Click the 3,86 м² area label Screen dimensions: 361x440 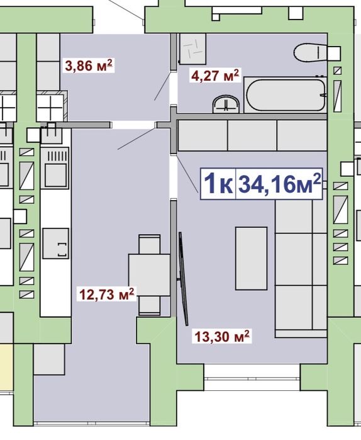(x=88, y=65)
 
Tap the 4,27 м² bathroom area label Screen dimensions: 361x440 (x=214, y=75)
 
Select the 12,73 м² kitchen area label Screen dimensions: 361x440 (x=107, y=294)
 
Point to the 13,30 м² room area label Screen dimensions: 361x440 (x=222, y=336)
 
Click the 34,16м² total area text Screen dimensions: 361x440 (x=279, y=184)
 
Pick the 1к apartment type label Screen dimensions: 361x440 (x=218, y=184)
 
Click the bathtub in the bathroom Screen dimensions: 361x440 (x=286, y=95)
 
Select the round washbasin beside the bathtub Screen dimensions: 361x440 (x=226, y=104)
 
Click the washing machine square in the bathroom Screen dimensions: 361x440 (x=193, y=49)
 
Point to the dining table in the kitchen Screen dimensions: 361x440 (x=150, y=274)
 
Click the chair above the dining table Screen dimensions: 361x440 (x=150, y=244)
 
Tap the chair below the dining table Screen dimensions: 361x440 (x=150, y=306)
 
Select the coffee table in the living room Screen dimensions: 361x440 (x=251, y=259)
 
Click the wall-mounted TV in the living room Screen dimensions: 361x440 (x=183, y=279)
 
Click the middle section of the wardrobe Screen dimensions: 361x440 (x=252, y=135)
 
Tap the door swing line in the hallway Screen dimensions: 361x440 (x=136, y=139)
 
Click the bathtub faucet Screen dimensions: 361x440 (x=324, y=95)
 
